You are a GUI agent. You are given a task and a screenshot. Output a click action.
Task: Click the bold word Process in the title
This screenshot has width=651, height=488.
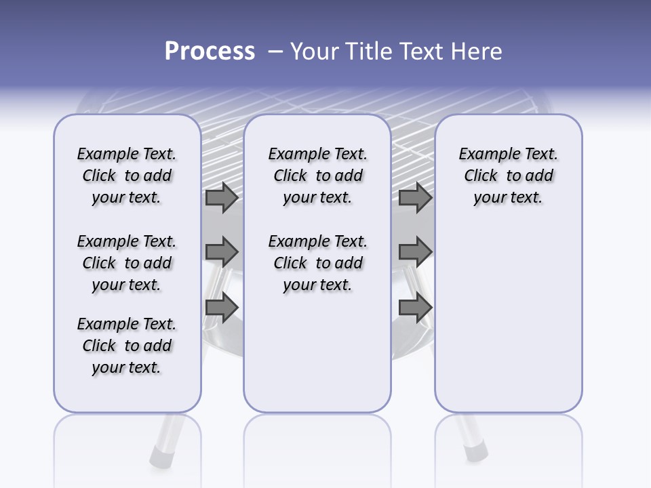coord(210,52)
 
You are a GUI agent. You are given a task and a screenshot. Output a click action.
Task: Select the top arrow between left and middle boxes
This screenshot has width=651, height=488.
coord(222,198)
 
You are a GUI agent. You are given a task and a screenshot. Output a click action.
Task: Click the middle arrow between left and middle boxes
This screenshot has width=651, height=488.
coord(222,252)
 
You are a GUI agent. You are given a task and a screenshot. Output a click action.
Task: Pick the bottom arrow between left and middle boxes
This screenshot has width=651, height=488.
coord(222,308)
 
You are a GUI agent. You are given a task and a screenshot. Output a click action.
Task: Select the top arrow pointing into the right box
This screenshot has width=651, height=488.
coord(415,198)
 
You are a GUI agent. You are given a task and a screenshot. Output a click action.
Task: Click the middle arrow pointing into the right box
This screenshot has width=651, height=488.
coord(415,252)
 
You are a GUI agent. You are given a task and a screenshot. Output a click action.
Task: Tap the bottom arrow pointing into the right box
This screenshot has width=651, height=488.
coord(415,308)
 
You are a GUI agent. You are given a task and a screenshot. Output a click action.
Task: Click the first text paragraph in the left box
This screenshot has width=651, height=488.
coord(127,176)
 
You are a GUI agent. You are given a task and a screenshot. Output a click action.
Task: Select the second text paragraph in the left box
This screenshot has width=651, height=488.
coord(127,263)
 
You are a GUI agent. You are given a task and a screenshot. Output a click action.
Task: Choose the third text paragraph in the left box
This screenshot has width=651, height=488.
coord(127,346)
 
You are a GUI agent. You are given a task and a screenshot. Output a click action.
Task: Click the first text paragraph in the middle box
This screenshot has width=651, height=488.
coord(317,176)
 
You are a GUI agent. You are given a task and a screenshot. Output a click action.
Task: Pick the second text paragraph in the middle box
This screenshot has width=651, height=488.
coord(317,263)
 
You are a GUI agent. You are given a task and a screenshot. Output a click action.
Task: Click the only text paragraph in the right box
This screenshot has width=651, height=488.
coord(508,176)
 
